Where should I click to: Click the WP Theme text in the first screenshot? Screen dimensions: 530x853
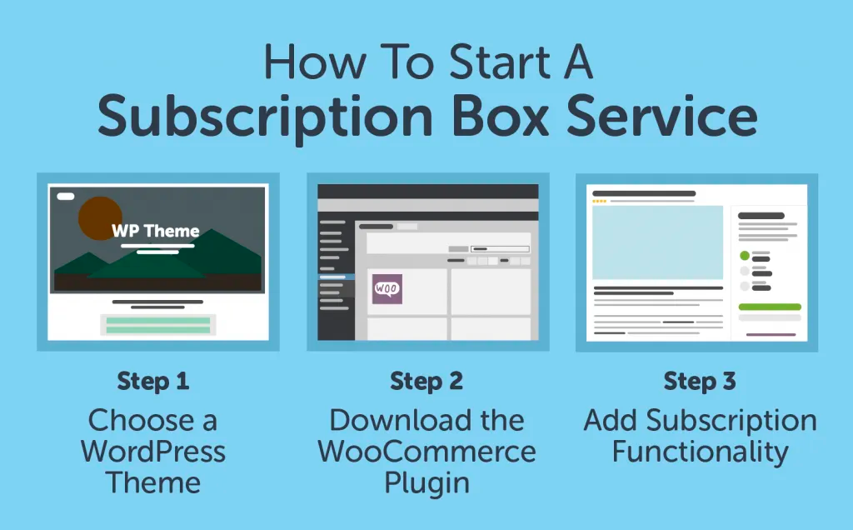click(x=157, y=231)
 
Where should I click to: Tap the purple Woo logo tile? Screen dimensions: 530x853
click(x=387, y=289)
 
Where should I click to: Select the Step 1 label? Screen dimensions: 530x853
click(x=153, y=382)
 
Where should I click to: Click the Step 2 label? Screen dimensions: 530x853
click(x=426, y=382)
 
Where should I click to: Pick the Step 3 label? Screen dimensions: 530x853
click(x=700, y=382)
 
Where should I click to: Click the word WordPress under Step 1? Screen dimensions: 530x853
click(x=153, y=452)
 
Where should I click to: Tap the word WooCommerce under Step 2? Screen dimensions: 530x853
click(x=426, y=452)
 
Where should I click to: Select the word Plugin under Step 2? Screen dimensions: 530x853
click(x=426, y=482)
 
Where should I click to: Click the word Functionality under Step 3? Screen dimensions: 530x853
click(x=700, y=452)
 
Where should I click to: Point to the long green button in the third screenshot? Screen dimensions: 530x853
click(x=770, y=307)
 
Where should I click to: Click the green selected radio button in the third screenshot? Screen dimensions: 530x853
click(x=745, y=256)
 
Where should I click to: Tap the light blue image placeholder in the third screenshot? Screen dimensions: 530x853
click(x=657, y=242)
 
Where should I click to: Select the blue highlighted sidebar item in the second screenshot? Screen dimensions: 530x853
click(x=337, y=277)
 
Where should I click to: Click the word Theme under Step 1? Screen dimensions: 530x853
click(x=153, y=482)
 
